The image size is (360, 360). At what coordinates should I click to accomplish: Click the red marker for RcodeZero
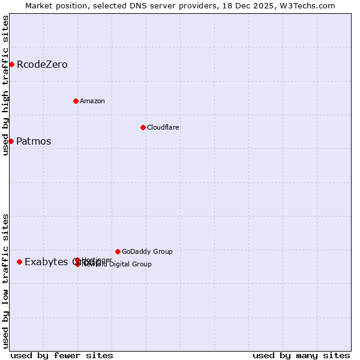[11, 64]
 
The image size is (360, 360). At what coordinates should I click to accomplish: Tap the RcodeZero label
[42, 65]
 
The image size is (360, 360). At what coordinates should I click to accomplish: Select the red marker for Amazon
[76, 101]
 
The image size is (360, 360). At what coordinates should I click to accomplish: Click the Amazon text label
[92, 101]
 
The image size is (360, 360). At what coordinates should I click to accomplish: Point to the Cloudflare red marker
[143, 127]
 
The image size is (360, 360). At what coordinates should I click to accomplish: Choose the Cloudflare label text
[163, 127]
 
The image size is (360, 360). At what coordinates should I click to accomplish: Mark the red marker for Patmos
[11, 141]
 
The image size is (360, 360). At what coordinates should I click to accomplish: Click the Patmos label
[34, 142]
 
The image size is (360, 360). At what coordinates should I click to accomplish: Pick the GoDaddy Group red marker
[118, 251]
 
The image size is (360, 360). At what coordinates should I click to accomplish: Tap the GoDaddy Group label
[147, 251]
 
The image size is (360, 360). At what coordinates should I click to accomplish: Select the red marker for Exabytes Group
[20, 262]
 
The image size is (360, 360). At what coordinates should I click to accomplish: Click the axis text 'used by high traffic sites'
[5, 85]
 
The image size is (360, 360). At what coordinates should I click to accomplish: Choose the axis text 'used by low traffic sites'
[5, 280]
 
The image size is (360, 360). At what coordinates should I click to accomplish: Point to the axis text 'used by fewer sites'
[62, 355]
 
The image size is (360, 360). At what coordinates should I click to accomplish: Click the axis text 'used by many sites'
[301, 355]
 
